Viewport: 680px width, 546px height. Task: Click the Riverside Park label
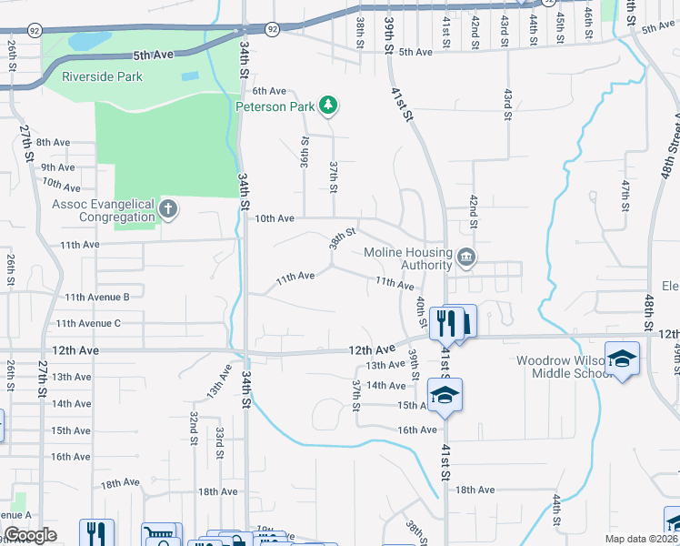102,76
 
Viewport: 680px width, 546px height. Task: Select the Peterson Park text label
275,106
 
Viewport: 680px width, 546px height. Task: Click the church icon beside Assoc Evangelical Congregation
168,210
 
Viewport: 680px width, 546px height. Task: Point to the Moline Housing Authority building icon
466,258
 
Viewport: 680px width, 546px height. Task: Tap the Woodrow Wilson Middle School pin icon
623,359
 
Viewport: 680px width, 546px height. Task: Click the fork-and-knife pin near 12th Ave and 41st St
445,322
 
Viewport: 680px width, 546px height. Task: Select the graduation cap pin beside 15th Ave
445,395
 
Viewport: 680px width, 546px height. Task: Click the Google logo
30,535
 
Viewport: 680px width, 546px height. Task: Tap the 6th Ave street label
269,91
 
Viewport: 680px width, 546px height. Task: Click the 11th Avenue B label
97,297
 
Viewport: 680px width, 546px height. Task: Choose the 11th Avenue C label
88,323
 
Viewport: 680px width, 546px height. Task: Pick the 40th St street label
421,311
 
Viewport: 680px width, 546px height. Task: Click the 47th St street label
625,197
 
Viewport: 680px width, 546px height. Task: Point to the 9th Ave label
57,167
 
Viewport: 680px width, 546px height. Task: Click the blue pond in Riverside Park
81,41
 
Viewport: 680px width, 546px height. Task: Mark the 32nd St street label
195,429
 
